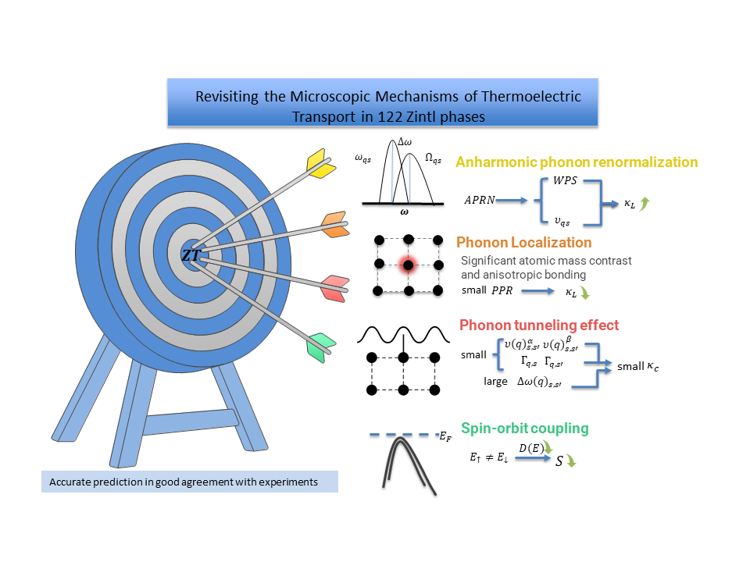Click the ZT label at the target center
point(190,254)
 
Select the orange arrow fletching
point(335,224)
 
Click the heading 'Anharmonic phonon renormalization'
point(577,162)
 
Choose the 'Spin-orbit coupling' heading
point(524,429)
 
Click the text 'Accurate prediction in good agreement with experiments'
point(184,482)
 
